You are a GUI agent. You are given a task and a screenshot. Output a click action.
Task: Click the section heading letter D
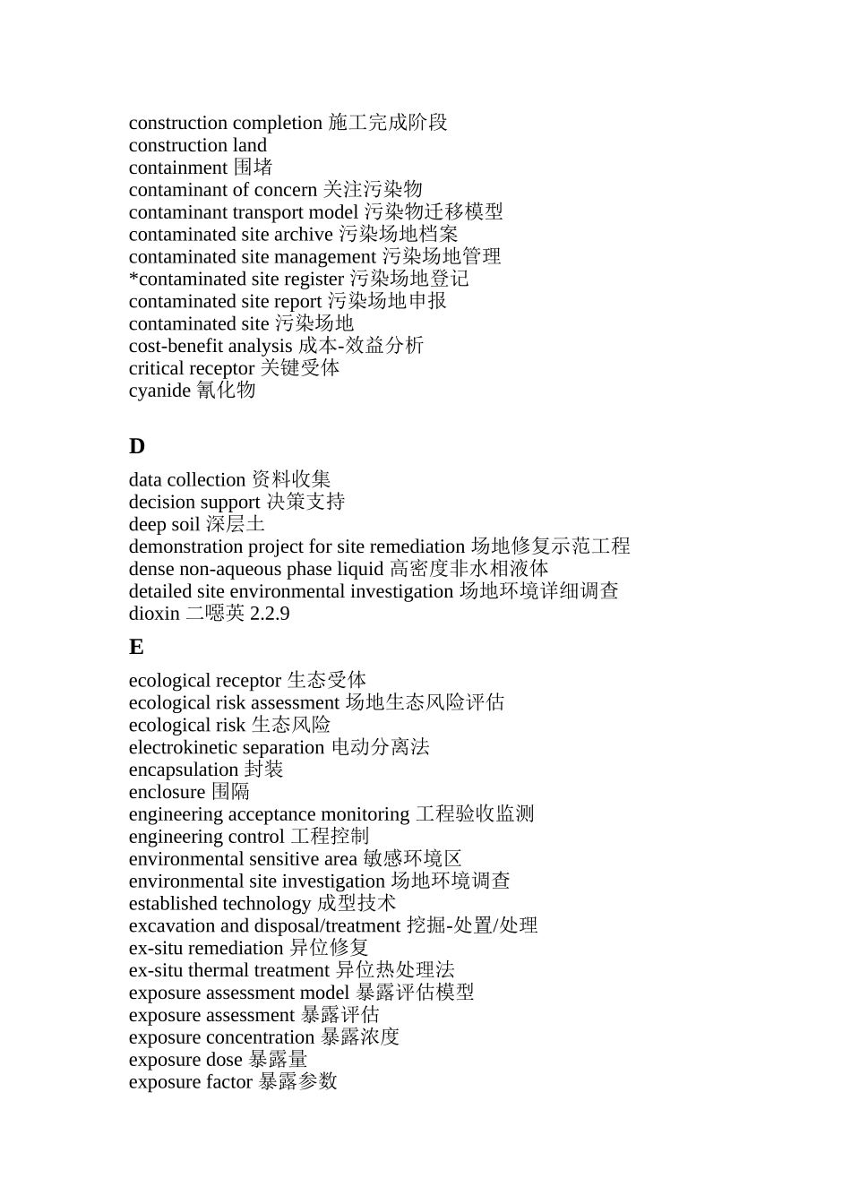(137, 446)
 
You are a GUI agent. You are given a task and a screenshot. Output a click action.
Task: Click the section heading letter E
(136, 647)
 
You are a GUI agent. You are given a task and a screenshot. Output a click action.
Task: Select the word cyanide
(159, 391)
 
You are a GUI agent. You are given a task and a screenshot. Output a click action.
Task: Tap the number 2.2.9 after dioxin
(270, 614)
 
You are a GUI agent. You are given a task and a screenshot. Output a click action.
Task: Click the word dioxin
(154, 614)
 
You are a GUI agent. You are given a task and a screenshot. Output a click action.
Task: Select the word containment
(178, 168)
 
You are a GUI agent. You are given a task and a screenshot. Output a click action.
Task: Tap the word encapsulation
(184, 770)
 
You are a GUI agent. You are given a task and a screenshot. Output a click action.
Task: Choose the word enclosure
(167, 792)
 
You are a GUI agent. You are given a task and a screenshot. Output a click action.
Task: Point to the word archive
(303, 235)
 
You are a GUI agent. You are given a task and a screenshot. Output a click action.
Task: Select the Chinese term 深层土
(236, 524)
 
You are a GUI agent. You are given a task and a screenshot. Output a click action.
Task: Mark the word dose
(224, 1060)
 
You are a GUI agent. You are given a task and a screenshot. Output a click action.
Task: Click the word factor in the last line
(228, 1082)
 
